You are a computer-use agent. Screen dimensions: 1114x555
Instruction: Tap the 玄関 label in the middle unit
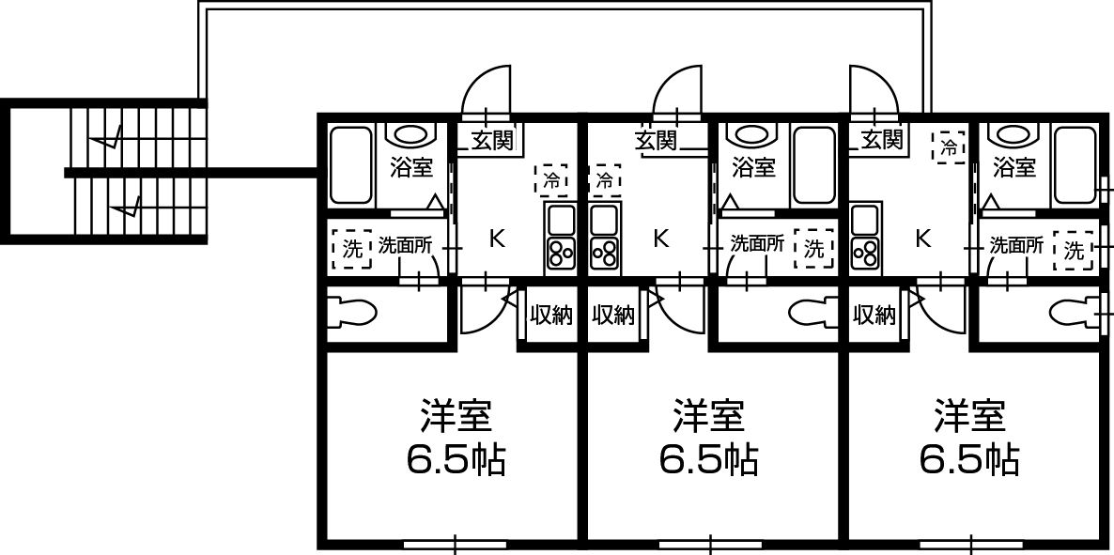(x=655, y=140)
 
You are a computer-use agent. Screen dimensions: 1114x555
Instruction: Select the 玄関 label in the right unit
(x=882, y=139)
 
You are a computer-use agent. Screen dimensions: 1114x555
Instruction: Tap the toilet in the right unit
(x=1072, y=311)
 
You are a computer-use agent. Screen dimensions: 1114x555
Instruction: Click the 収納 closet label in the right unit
(x=874, y=314)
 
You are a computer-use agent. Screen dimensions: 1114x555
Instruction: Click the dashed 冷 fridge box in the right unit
(x=950, y=147)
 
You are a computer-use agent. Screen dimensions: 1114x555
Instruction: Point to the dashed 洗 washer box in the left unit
(x=351, y=249)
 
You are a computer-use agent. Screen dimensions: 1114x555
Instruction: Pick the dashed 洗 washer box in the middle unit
(x=814, y=249)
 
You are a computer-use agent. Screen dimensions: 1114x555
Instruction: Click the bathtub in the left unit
(x=351, y=165)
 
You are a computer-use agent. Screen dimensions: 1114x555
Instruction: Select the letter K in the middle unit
(x=661, y=239)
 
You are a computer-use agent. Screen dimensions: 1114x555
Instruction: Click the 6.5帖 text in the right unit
(x=969, y=460)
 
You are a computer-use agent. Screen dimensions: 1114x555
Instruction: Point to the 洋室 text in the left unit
(x=456, y=416)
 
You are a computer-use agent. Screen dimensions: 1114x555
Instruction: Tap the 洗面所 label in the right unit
(x=1016, y=245)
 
